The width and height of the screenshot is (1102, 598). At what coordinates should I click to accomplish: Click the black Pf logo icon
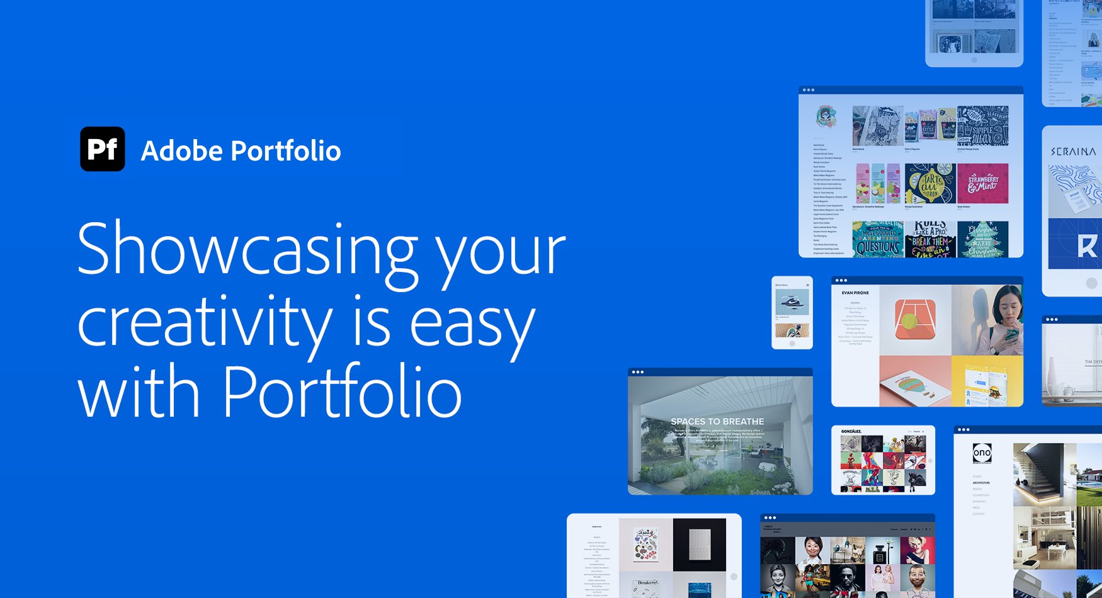pyautogui.click(x=103, y=149)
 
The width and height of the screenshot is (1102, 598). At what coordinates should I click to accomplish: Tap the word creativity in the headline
pyautogui.click(x=205, y=322)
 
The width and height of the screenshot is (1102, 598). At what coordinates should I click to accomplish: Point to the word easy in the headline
pyautogui.click(x=472, y=324)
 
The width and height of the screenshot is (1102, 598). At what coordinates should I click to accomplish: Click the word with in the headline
pyautogui.click(x=139, y=393)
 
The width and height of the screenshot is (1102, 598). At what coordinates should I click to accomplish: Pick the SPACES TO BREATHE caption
pyautogui.click(x=717, y=421)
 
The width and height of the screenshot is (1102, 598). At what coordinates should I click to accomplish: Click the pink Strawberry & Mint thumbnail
pyautogui.click(x=982, y=183)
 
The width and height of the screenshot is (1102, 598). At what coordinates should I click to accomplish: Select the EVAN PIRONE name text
pyautogui.click(x=855, y=293)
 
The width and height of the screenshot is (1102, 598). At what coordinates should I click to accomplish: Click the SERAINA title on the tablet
pyautogui.click(x=1073, y=152)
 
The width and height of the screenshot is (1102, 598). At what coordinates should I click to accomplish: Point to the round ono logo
pyautogui.click(x=982, y=453)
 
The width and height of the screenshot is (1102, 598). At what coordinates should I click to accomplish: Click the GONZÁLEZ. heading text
pyautogui.click(x=851, y=431)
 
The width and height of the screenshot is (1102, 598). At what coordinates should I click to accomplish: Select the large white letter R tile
pyautogui.click(x=1085, y=245)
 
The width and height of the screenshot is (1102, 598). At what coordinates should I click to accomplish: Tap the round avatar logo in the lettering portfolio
pyautogui.click(x=826, y=116)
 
